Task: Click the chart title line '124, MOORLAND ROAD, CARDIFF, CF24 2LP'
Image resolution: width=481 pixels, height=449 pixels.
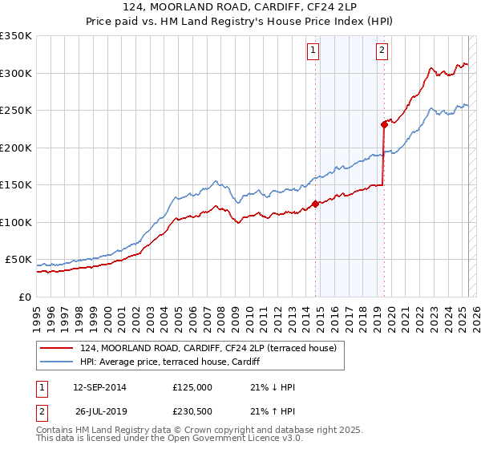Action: point(240,9)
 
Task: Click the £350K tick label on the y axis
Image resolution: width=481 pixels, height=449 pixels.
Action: point(16,36)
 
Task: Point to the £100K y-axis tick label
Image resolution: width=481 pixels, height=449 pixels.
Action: point(16,222)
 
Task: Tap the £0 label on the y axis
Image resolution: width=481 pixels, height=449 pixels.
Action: point(24,297)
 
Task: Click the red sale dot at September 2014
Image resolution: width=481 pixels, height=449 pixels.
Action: point(315,204)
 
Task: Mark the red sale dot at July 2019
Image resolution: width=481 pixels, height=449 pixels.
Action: point(384,124)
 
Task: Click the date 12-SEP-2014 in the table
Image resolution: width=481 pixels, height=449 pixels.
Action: point(99,387)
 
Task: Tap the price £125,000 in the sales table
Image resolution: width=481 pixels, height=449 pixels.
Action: point(192,387)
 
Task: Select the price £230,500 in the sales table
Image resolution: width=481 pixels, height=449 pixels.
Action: point(192,411)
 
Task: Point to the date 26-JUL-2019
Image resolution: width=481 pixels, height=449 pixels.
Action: point(99,411)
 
